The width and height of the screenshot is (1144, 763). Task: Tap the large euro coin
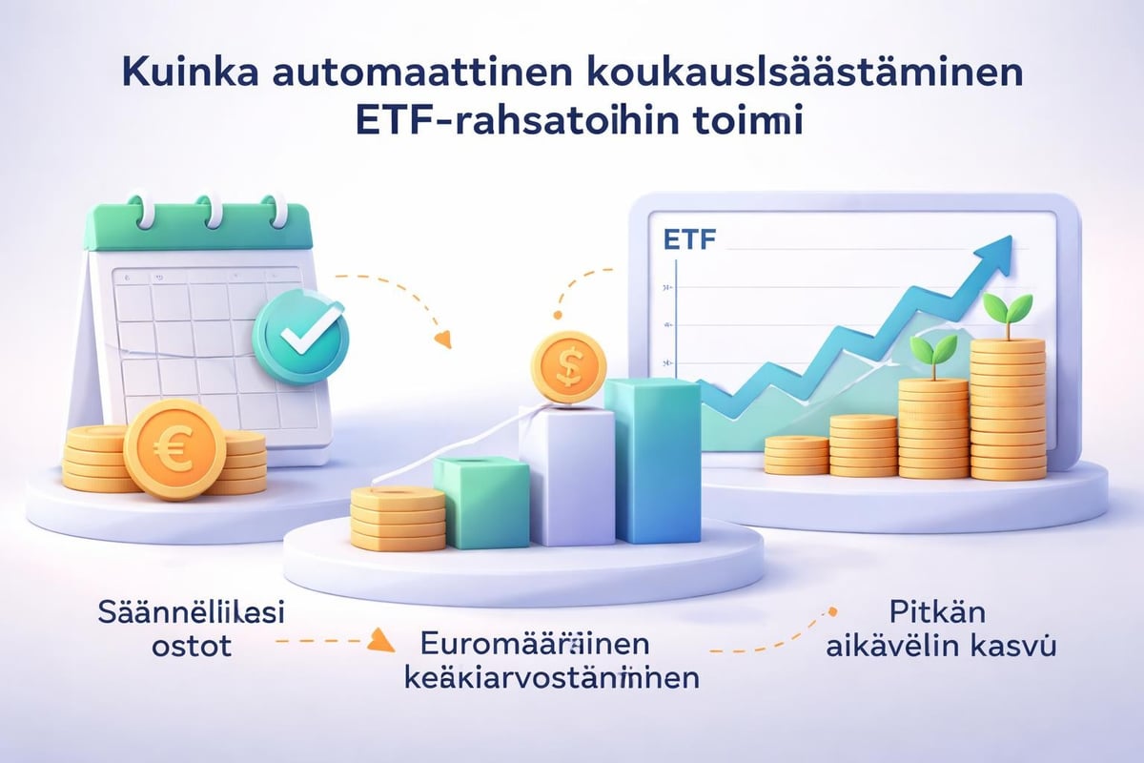tap(174, 448)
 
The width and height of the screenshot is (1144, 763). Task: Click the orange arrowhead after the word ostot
tap(381, 640)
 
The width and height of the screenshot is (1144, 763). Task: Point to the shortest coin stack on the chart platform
tap(796, 454)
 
